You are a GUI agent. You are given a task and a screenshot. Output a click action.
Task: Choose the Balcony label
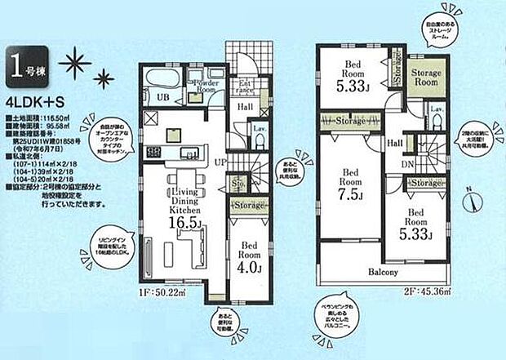tap(381, 272)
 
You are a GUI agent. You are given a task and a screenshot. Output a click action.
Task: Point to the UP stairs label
tap(220, 164)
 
